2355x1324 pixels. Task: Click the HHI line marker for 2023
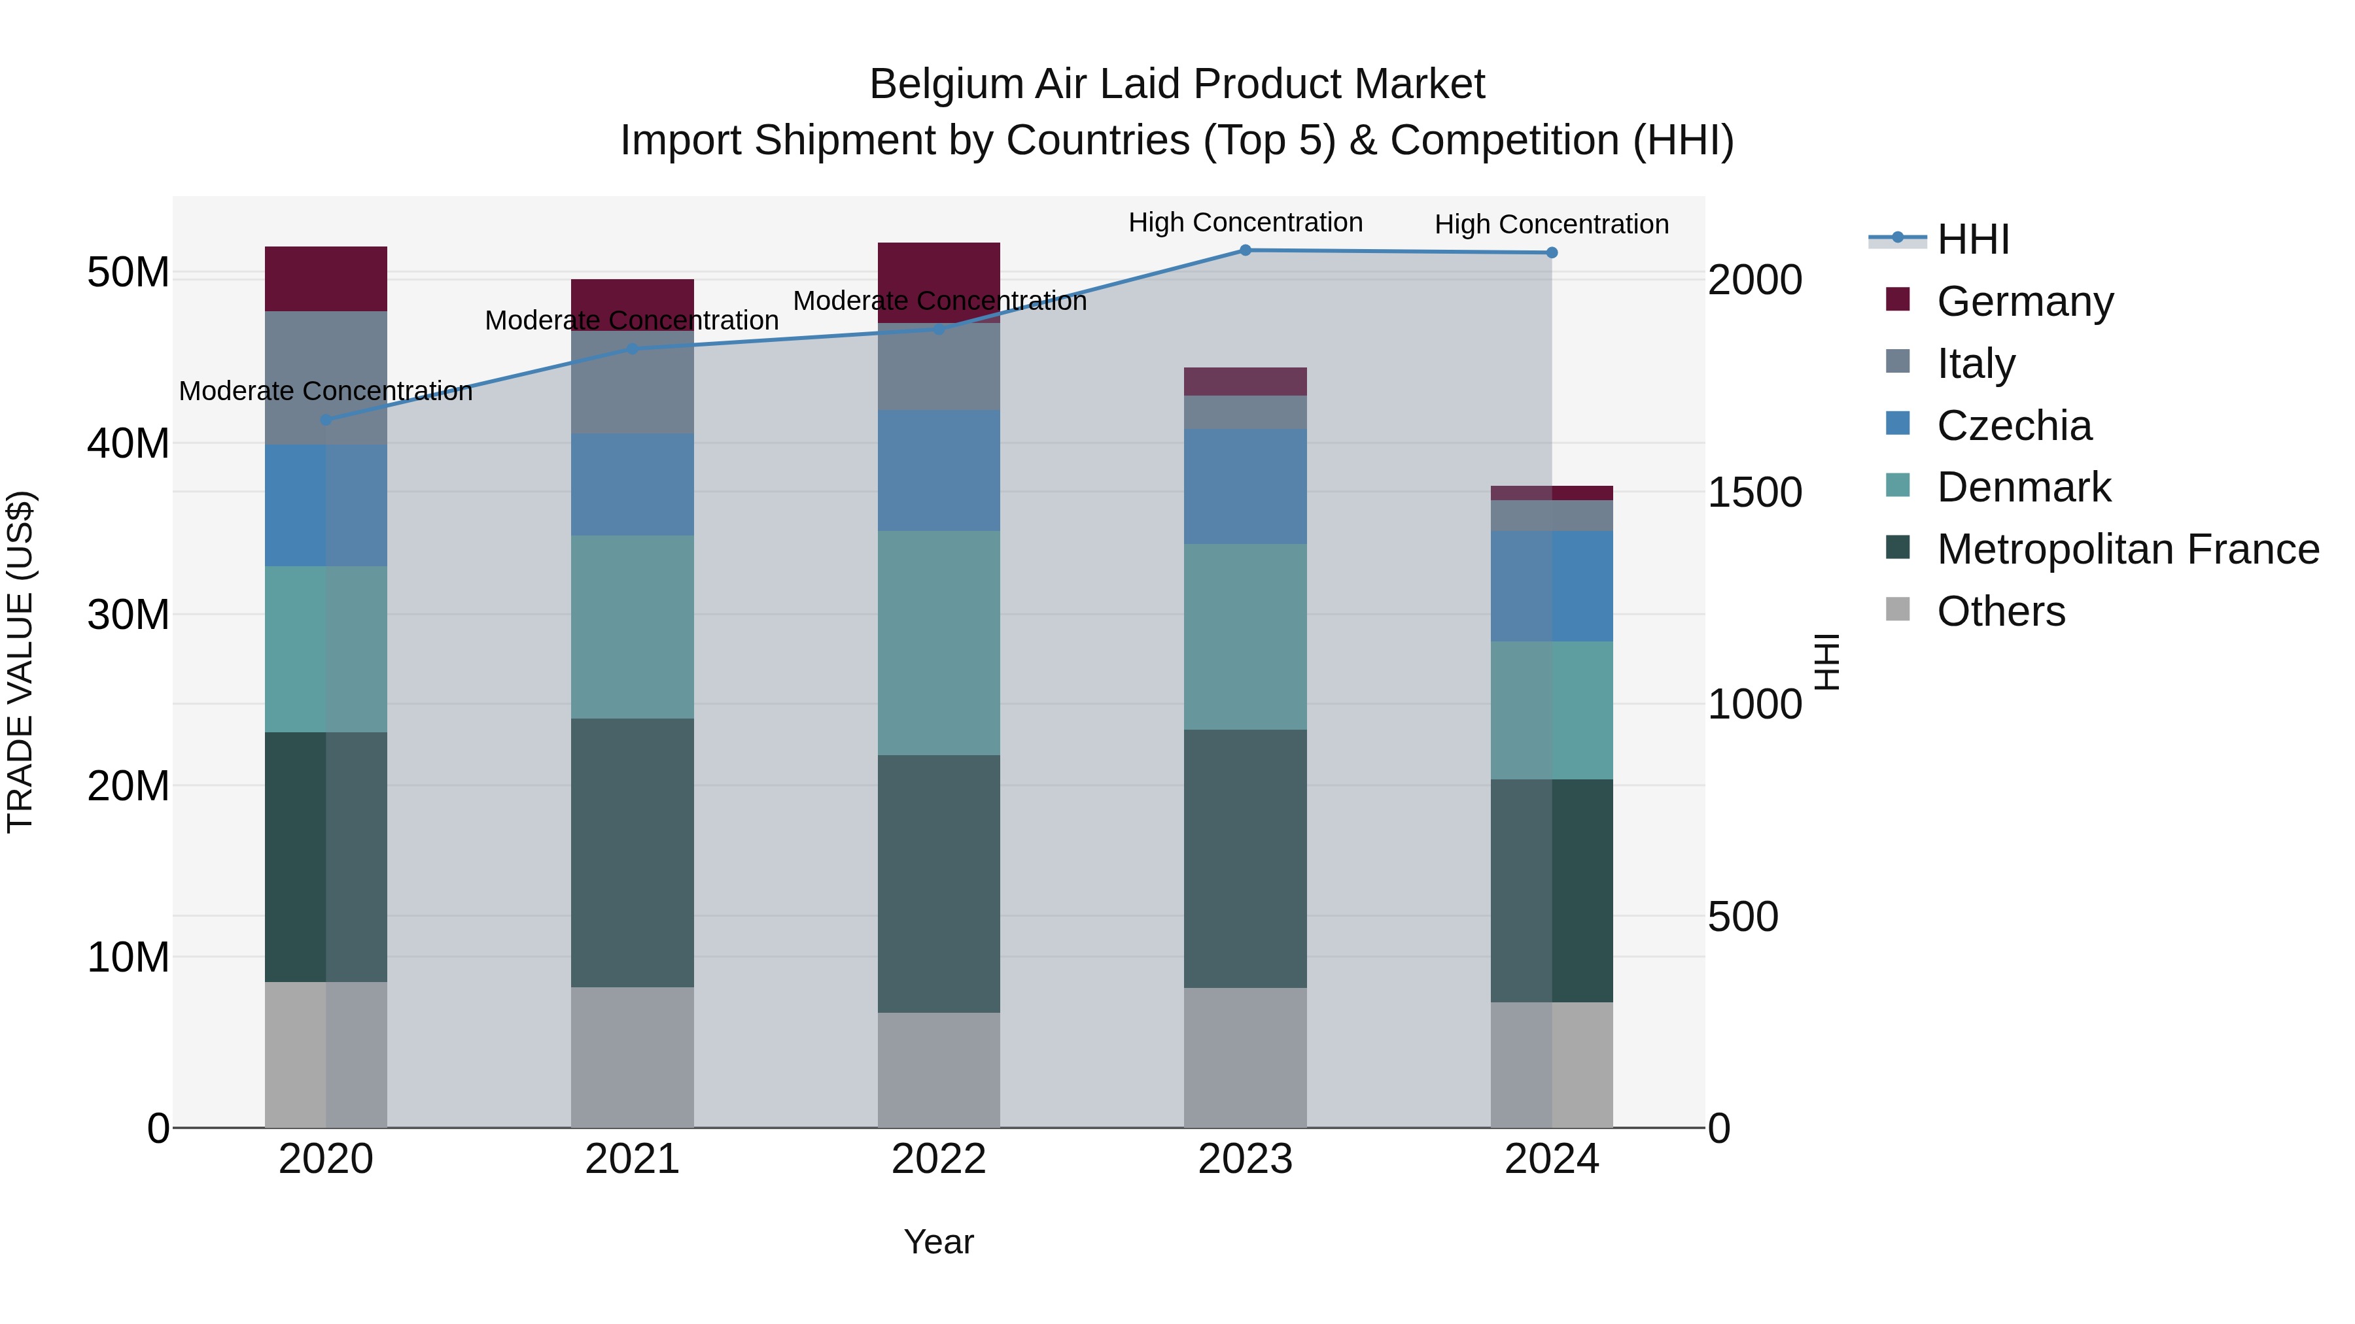click(x=1245, y=250)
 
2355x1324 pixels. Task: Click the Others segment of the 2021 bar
click(x=632, y=1057)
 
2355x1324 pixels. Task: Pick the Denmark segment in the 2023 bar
click(x=1245, y=637)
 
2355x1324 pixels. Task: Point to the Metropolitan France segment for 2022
click(x=939, y=883)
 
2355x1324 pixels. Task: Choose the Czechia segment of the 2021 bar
click(x=632, y=484)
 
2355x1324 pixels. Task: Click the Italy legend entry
click(x=1976, y=363)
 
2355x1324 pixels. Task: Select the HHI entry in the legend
click(x=1973, y=239)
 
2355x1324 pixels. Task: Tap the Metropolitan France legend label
click(x=2127, y=549)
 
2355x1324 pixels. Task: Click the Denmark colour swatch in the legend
click(x=1898, y=484)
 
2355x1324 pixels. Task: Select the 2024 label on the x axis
click(x=1552, y=1159)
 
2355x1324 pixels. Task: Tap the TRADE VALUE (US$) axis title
click(x=20, y=662)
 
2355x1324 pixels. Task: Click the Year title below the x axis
click(x=939, y=1242)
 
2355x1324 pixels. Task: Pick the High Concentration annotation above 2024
click(x=1552, y=224)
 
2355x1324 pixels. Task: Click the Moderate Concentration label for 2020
click(x=326, y=391)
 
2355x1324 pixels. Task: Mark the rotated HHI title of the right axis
click(x=1826, y=662)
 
